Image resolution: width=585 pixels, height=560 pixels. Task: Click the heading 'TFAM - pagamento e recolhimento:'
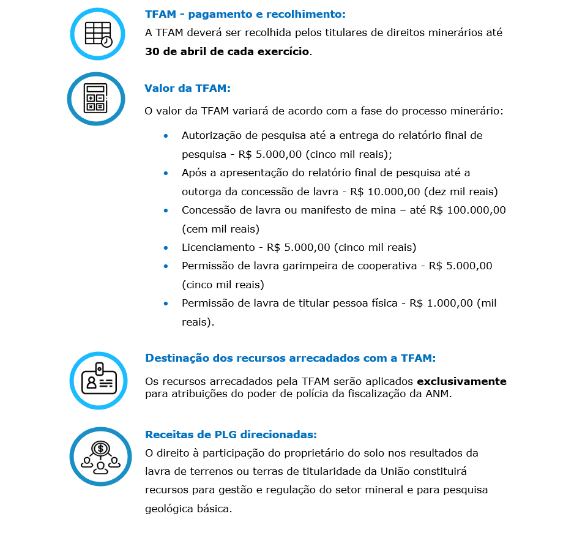pyautogui.click(x=245, y=14)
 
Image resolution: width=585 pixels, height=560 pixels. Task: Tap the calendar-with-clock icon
pyautogui.click(x=98, y=34)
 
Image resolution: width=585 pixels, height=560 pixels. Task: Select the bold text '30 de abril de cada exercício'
pyautogui.click(x=227, y=51)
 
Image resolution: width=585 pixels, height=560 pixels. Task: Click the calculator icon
pyautogui.click(x=95, y=98)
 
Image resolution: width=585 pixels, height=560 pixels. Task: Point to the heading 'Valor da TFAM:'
pyautogui.click(x=187, y=88)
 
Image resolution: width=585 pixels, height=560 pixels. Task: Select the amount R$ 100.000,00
pyautogui.click(x=468, y=210)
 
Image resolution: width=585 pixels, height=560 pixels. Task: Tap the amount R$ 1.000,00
pyautogui.click(x=441, y=303)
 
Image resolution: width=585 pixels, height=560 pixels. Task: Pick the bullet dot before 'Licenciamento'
pyautogui.click(x=166, y=248)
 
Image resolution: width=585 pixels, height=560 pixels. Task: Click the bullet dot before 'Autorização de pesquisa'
pyautogui.click(x=166, y=136)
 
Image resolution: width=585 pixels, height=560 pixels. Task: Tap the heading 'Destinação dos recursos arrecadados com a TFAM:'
pyautogui.click(x=290, y=358)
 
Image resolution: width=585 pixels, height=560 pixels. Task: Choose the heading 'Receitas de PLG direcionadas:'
pyautogui.click(x=231, y=435)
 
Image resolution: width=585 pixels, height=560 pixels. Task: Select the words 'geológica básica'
pyautogui.click(x=188, y=509)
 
